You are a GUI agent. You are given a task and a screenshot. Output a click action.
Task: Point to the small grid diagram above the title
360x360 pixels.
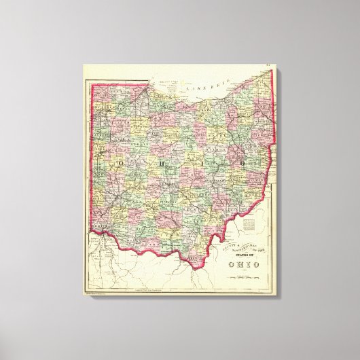(251, 222)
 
